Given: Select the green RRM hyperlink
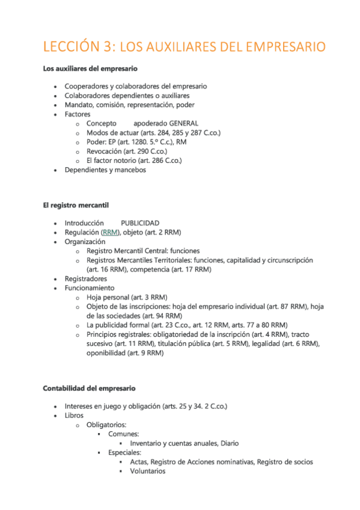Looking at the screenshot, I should point(111,232).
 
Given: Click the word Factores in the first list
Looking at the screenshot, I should point(78,114).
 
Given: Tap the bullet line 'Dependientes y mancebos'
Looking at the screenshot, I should point(105,170).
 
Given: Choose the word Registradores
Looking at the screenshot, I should point(86,279).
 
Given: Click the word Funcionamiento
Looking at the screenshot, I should point(89,288).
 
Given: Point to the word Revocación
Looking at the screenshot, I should point(105,152).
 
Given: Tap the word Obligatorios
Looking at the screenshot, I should point(106,425).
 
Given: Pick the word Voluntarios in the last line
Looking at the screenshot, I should point(148,471).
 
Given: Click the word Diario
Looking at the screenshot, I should point(228,443).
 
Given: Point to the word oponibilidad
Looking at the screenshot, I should point(107,354).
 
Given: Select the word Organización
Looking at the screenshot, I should point(85,242).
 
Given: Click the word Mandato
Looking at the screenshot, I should point(79,105).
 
